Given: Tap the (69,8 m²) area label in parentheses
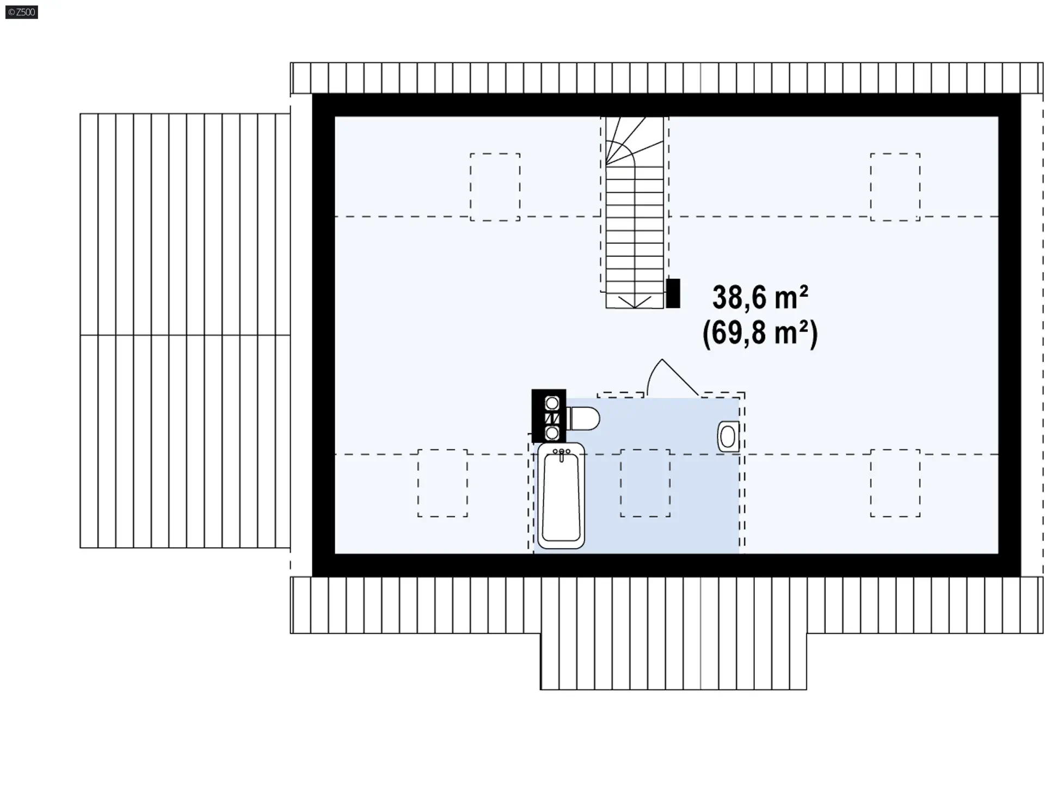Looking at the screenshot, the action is click(x=760, y=333).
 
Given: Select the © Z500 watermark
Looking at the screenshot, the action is click(x=22, y=12).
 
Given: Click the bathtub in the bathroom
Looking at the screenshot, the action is click(x=561, y=495).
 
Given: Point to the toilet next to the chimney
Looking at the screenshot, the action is click(x=583, y=419).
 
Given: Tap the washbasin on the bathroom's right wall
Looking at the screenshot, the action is click(x=728, y=436).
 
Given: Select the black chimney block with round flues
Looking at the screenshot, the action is click(x=549, y=416).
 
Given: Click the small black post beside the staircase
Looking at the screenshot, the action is click(x=673, y=293).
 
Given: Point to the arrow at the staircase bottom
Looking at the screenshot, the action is click(x=635, y=302).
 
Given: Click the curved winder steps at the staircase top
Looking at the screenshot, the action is click(x=634, y=140).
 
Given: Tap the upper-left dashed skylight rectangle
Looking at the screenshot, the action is click(x=495, y=187).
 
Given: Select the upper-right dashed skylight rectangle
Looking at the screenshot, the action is click(x=895, y=187).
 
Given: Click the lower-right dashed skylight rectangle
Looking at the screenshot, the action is click(x=895, y=483).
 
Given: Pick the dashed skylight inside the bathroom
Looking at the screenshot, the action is click(x=645, y=483).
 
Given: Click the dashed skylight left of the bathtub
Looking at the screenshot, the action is click(x=442, y=483).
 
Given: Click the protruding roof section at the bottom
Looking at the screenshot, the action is click(x=673, y=661).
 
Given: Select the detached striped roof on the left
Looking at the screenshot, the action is click(x=185, y=330).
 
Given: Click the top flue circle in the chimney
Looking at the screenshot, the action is click(x=552, y=403).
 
